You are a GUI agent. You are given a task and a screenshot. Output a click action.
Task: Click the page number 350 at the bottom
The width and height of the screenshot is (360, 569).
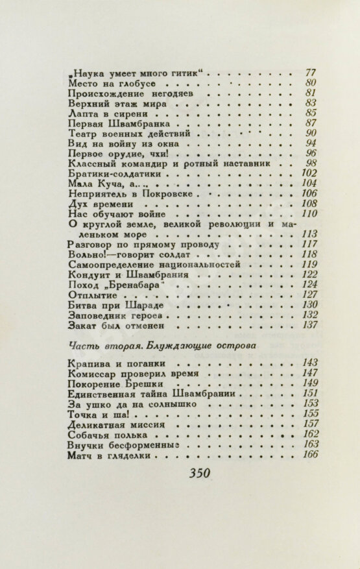[x=199, y=474]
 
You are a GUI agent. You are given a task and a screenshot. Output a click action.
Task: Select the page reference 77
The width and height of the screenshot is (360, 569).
[x=310, y=72]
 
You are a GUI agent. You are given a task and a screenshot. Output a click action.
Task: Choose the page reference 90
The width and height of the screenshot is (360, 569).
[x=310, y=133]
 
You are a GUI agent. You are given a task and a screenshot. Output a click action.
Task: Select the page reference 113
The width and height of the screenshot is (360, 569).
[x=309, y=234]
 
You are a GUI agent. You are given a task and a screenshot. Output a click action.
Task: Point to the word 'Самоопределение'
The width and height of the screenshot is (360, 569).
[x=117, y=265]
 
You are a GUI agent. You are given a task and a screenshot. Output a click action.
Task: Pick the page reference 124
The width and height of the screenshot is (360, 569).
[x=309, y=285]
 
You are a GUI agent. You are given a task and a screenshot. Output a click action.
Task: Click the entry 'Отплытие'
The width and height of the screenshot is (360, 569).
[x=92, y=295]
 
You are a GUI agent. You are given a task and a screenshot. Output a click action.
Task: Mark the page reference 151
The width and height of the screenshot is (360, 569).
[x=310, y=393]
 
